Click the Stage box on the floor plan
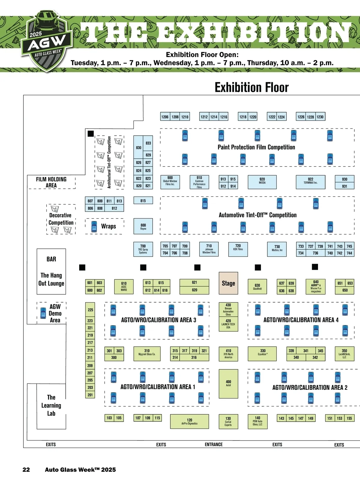click(228, 283)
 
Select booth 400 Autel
click(228, 383)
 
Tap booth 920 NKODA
click(262, 182)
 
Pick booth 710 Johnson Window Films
click(209, 249)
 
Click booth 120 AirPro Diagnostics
click(189, 422)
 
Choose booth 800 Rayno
click(143, 226)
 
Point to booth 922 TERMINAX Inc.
click(310, 182)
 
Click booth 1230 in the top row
click(320, 117)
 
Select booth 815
click(143, 200)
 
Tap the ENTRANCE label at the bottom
click(214, 444)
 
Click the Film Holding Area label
click(51, 182)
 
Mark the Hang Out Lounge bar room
click(51, 272)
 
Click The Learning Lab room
click(51, 405)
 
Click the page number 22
click(26, 470)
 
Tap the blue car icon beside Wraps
click(94, 227)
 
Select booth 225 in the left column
click(90, 310)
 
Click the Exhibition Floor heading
click(251, 88)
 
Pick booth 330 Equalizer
click(262, 354)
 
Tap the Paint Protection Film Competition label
click(256, 147)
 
